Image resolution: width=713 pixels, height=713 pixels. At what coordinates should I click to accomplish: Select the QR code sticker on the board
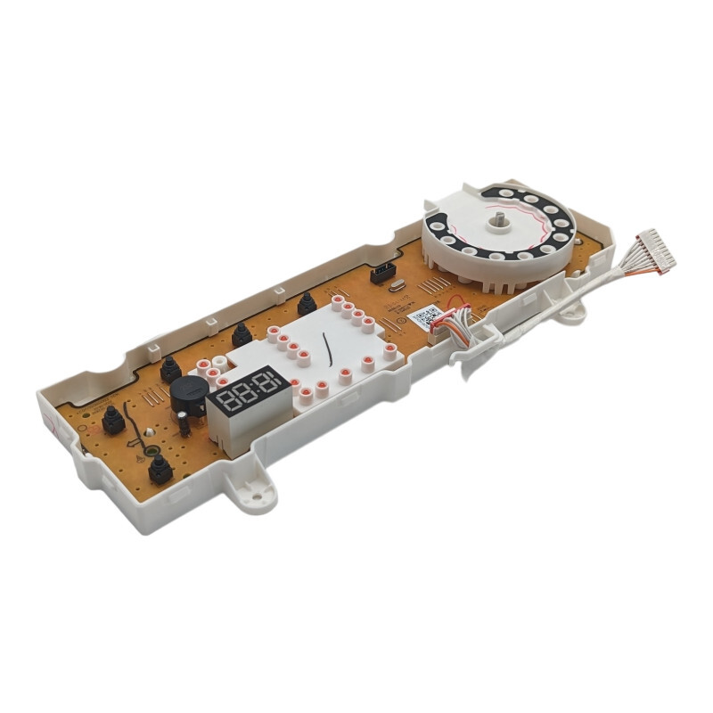(x=427, y=316)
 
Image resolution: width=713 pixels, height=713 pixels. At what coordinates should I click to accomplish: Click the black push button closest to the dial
(x=307, y=304)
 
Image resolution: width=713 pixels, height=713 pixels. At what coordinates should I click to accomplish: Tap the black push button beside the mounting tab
(x=160, y=469)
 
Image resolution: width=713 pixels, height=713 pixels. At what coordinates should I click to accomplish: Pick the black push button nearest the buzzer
(x=170, y=368)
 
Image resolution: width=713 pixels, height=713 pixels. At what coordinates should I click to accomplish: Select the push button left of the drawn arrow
(x=113, y=420)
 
